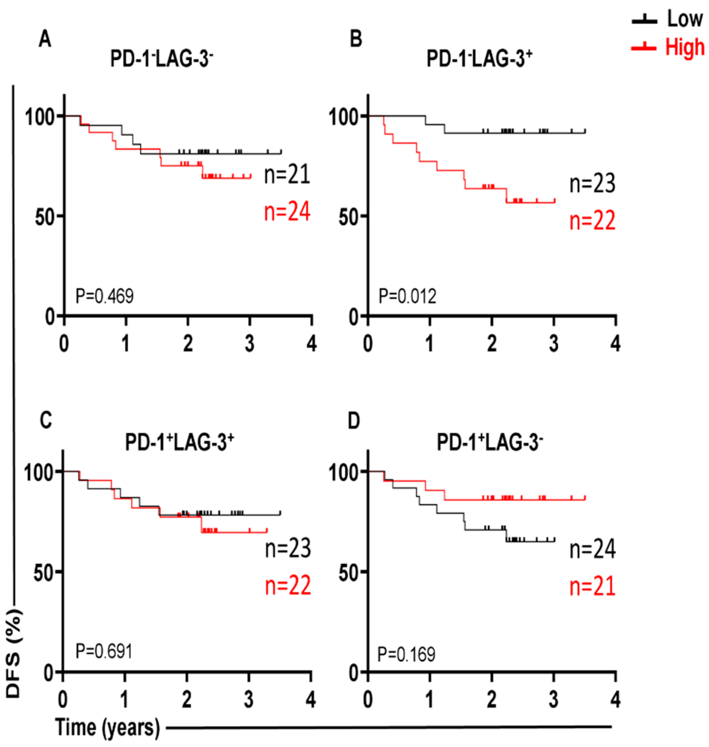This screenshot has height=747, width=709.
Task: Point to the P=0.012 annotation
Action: pos(407,296)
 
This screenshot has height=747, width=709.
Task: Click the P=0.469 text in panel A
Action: pos(105,296)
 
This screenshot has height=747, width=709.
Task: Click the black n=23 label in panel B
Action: pos(592,183)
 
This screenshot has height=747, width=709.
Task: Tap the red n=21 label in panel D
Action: pos(592,587)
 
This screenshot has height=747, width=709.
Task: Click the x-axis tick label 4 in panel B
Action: pos(616,344)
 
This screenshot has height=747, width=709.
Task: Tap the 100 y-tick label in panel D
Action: pos(343,473)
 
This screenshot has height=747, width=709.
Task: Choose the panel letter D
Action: pos(353,421)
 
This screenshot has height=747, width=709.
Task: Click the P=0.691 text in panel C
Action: pos(104,651)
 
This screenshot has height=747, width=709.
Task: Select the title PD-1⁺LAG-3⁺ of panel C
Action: pos(180,442)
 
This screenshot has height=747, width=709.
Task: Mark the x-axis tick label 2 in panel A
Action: pos(188,344)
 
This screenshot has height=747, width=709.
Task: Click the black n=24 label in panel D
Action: pos(592,549)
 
